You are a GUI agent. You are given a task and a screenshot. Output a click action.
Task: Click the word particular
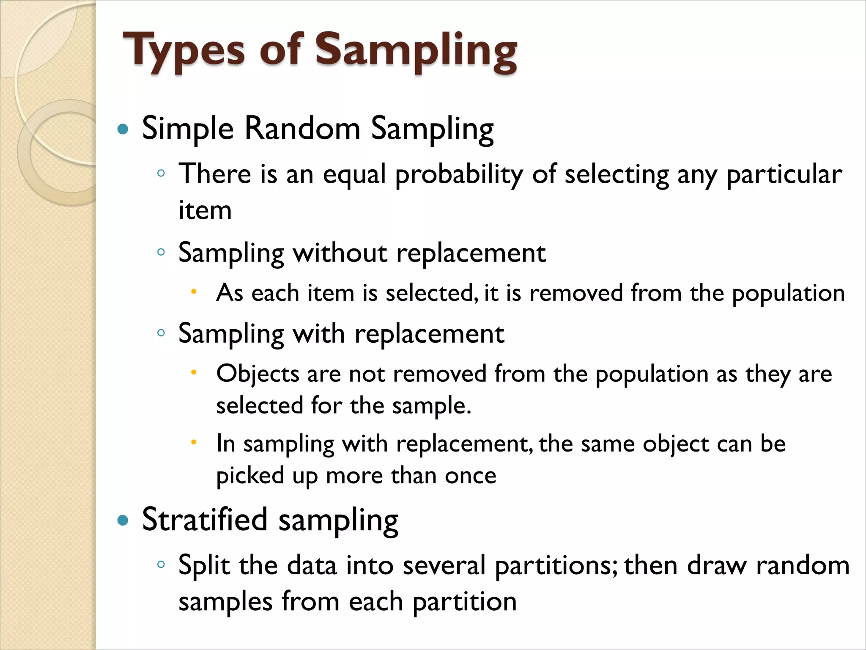coord(784,174)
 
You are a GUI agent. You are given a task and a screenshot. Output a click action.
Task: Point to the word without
coord(340,253)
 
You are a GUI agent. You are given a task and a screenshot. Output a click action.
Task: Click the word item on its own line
coord(205,210)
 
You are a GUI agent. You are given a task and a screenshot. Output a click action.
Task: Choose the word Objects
coord(258,374)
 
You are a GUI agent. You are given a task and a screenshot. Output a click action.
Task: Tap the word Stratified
coord(205,519)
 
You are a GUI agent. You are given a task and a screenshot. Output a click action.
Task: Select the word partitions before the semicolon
coord(554,566)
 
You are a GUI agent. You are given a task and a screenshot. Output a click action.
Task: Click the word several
coord(444,565)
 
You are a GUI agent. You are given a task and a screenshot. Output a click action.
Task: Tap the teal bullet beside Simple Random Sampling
coord(123,129)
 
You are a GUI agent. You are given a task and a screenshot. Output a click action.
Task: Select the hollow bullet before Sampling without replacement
coord(161,253)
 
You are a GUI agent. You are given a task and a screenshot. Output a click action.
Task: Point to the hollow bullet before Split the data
coord(161,564)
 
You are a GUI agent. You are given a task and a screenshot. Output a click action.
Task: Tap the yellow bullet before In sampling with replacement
coord(194,443)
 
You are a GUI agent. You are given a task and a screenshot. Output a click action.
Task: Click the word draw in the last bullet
coord(717,565)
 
